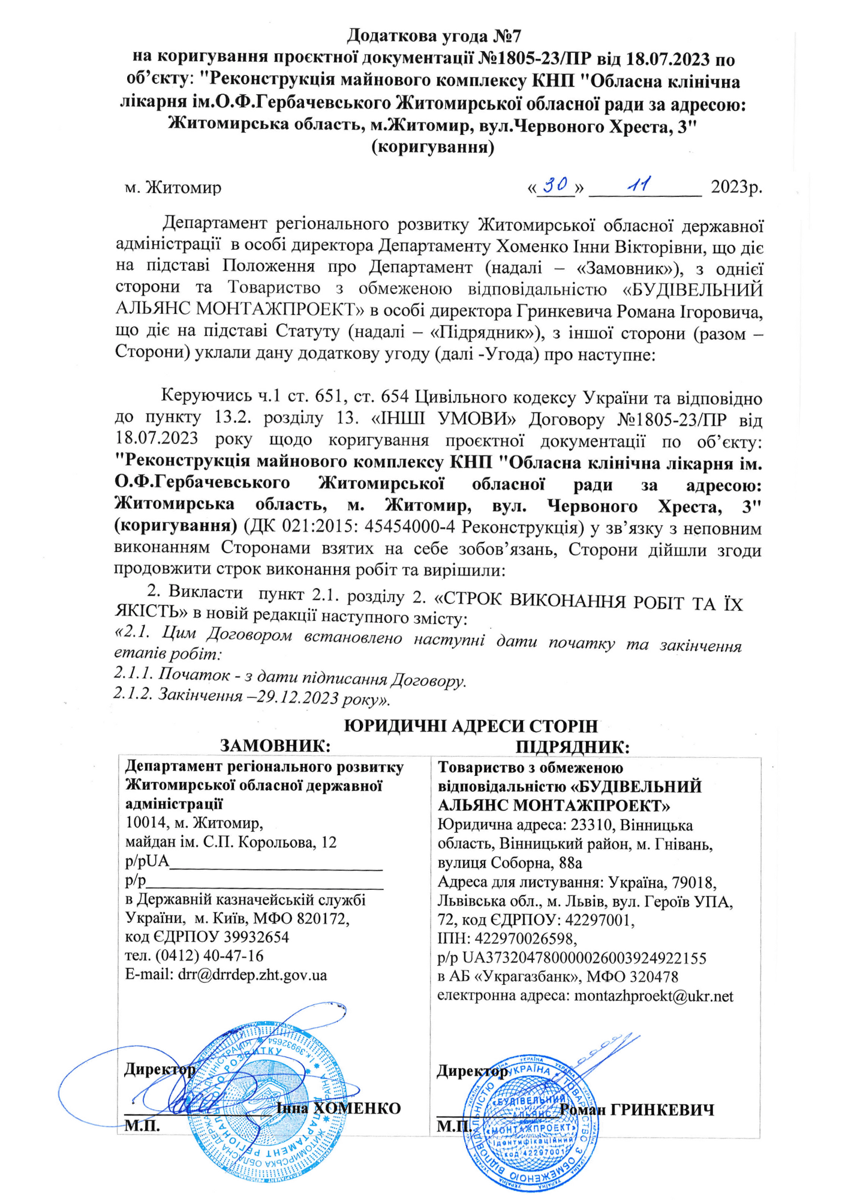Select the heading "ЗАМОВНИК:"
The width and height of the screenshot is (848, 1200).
[276, 746]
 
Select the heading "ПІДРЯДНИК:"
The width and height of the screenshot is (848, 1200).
[573, 747]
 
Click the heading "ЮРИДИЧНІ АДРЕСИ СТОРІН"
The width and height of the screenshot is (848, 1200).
[471, 726]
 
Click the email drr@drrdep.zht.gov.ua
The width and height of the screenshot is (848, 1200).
[252, 974]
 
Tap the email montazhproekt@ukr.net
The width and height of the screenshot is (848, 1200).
[654, 996]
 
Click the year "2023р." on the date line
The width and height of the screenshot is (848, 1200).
[736, 187]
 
